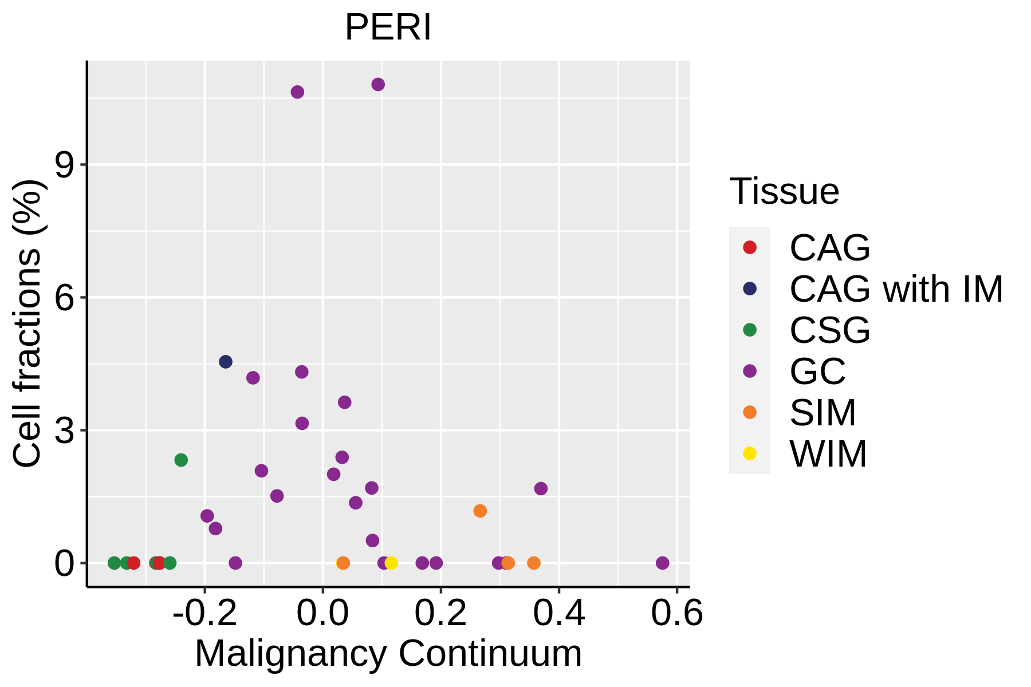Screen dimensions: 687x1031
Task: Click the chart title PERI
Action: [388, 27]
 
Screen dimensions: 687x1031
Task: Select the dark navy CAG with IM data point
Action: [226, 362]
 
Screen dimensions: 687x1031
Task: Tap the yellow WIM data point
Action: [391, 563]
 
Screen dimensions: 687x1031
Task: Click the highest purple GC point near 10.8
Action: [378, 85]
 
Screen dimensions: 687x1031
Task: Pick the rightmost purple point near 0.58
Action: [662, 563]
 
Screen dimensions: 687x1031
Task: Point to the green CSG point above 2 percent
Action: [181, 460]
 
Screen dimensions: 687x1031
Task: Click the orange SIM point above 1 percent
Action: [480, 511]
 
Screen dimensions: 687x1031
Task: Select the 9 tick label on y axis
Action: [65, 165]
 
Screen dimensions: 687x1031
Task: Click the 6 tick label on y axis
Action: [65, 298]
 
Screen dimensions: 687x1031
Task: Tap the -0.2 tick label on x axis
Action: [204, 614]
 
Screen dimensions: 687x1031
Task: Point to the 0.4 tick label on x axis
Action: [558, 614]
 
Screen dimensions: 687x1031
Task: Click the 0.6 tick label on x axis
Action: [676, 614]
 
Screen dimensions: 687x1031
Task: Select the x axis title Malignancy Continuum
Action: [388, 654]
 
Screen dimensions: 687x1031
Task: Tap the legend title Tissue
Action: [784, 191]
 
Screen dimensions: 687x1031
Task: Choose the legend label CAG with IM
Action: [896, 289]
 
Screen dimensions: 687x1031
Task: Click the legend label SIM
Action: [823, 413]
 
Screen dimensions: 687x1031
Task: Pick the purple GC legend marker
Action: [749, 371]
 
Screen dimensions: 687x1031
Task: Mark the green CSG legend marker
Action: [749, 330]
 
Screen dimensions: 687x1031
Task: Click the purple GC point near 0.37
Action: [541, 488]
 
